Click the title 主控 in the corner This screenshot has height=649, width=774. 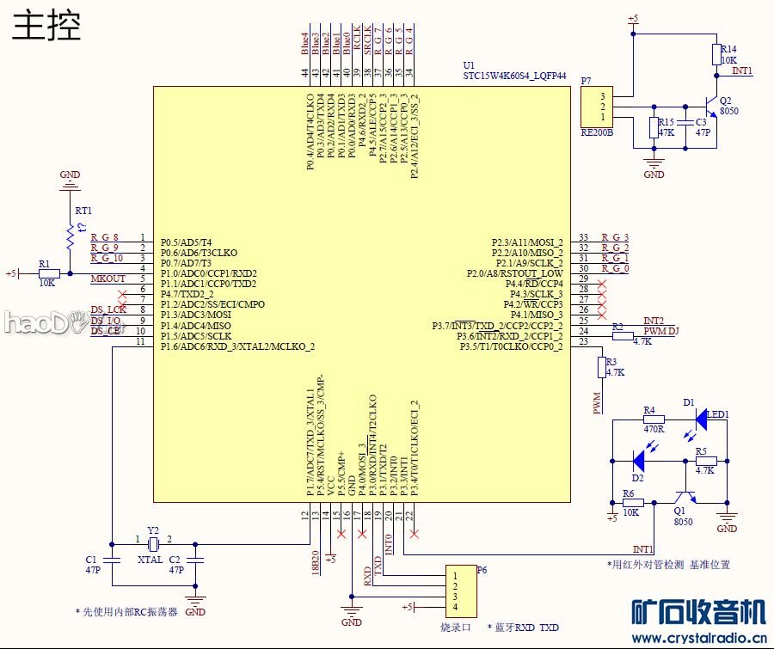click(47, 25)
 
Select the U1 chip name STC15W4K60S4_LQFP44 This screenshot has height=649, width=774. click(514, 76)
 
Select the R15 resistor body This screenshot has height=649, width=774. click(654, 128)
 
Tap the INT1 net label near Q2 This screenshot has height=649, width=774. click(742, 70)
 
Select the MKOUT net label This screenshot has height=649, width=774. click(108, 279)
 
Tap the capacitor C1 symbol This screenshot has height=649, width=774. click(112, 560)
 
